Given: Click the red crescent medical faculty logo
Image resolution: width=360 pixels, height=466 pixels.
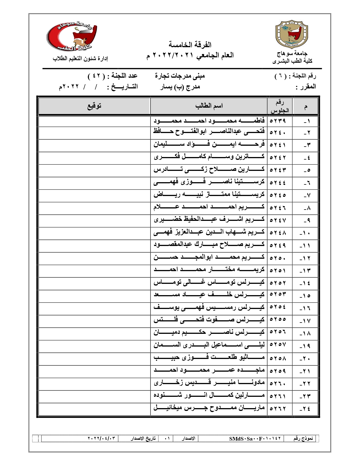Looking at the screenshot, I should coord(72,37).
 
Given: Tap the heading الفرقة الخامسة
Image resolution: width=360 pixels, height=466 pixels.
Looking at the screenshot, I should coord(190,45).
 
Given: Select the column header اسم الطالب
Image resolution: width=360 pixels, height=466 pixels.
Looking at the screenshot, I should coord(209,106).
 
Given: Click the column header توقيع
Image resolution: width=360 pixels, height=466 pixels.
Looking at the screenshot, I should coord(94,106).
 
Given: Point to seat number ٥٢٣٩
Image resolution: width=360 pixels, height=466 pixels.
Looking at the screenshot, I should coord(278,121).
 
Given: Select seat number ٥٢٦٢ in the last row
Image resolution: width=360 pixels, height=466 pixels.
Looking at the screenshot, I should coord(278,408).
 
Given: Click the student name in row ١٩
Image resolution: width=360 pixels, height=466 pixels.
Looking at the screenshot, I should coord(209,345).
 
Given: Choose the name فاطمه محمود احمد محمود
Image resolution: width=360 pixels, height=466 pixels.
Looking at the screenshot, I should coord(209,121).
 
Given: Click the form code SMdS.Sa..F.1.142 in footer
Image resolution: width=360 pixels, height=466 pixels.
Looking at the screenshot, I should coord(255,439).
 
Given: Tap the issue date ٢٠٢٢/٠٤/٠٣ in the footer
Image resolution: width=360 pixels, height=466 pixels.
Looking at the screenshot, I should coord(102,439).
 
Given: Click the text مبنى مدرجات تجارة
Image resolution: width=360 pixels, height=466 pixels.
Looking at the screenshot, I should coord(180,76).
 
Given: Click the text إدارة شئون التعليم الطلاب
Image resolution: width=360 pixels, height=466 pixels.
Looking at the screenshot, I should coord(80,59).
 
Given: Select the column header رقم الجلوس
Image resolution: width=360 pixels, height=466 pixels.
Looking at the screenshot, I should coord(280,106).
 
